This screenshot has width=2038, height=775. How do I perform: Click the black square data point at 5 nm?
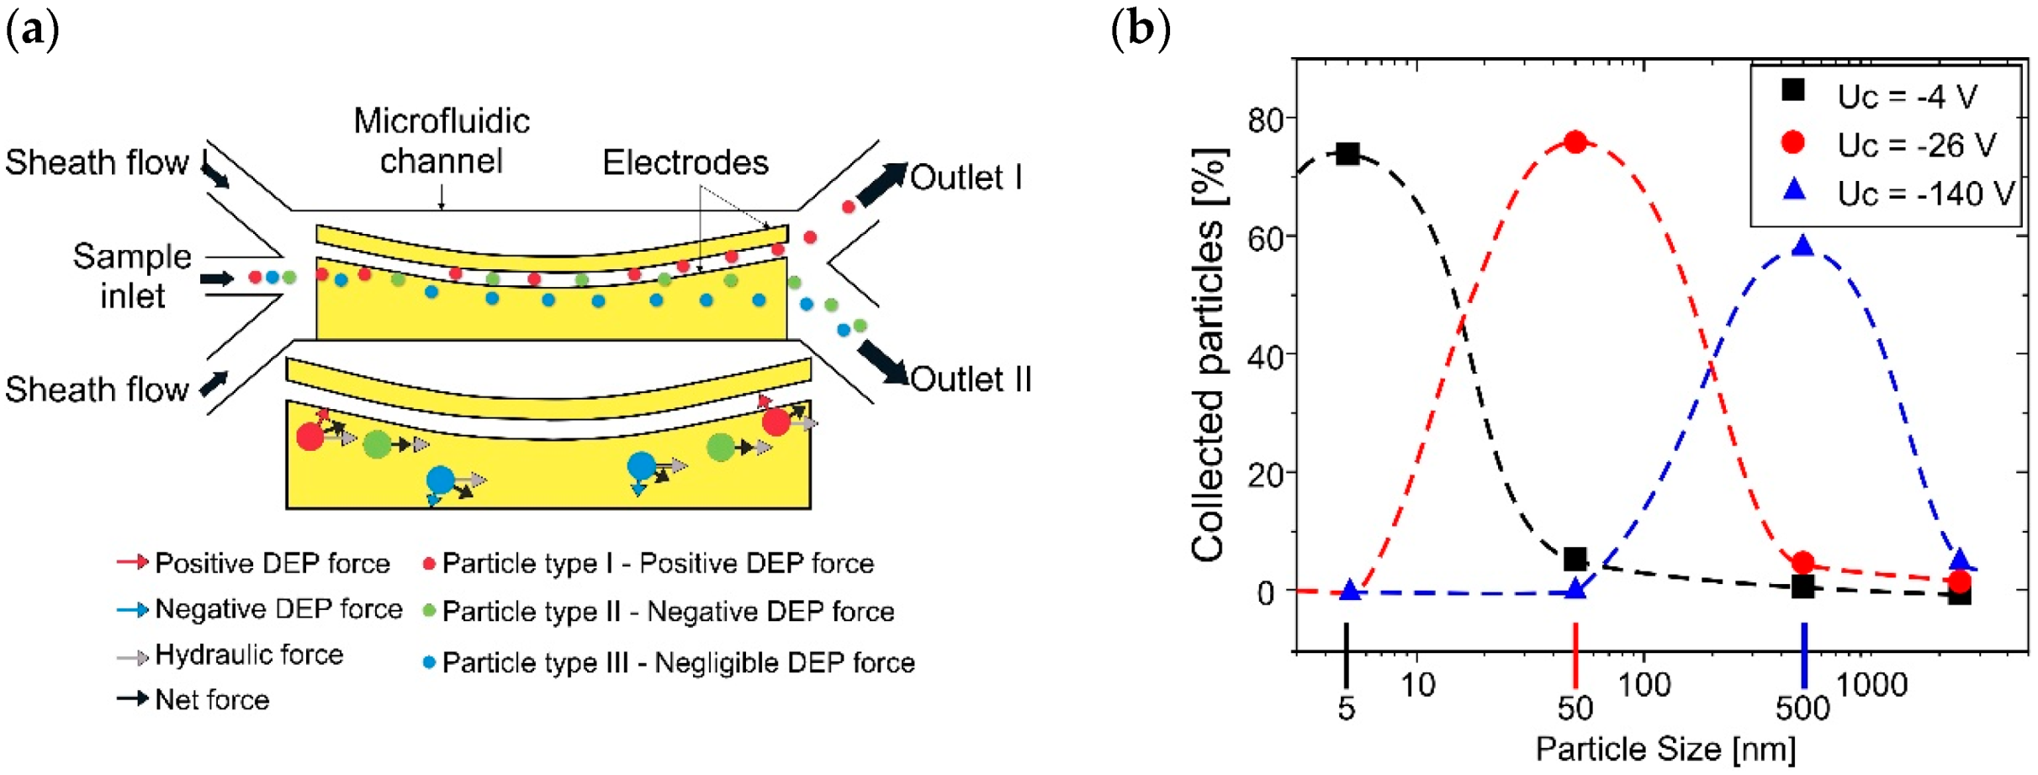tap(1347, 153)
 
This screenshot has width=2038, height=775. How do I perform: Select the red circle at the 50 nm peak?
tap(1575, 141)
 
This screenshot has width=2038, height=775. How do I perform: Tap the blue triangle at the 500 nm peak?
tap(1802, 246)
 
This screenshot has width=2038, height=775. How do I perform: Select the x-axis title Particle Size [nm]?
tap(1665, 749)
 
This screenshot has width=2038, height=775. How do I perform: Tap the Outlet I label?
tap(966, 178)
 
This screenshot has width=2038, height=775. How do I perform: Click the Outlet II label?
tap(971, 380)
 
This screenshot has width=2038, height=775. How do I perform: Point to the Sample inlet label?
tap(132, 276)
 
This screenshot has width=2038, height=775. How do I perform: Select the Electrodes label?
tap(686, 162)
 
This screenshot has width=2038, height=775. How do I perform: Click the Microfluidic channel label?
tap(442, 141)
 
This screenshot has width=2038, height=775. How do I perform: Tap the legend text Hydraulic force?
tap(249, 655)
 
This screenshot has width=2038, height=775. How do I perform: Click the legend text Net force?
tap(212, 700)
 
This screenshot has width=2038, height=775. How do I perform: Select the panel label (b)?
tap(1141, 30)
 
